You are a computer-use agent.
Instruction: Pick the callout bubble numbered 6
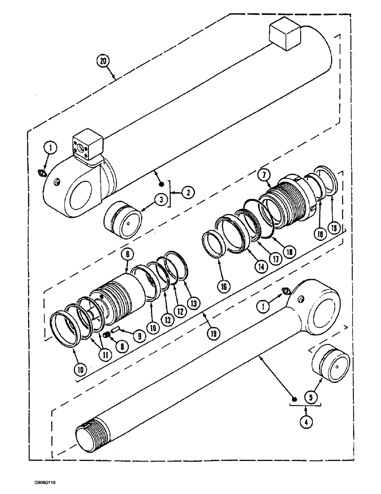point(127,254)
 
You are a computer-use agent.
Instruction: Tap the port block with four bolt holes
point(88,146)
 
